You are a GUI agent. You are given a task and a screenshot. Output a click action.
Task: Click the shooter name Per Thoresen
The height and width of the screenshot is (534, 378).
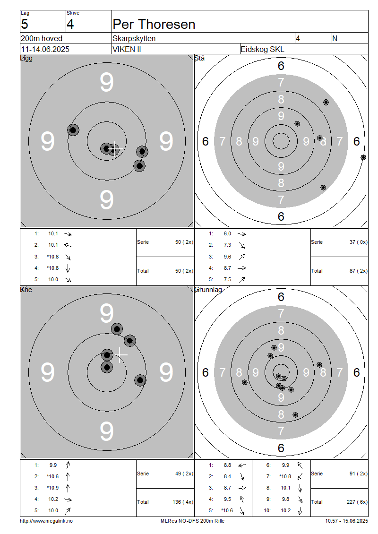click(154, 25)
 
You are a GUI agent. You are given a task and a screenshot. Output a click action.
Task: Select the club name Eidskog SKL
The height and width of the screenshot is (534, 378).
click(262, 49)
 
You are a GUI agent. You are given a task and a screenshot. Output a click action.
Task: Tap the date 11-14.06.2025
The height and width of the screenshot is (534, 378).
click(45, 49)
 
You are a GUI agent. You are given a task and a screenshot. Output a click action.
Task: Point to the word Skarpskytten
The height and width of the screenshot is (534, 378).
click(134, 38)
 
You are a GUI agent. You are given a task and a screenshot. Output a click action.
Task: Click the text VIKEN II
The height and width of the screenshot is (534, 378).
click(127, 49)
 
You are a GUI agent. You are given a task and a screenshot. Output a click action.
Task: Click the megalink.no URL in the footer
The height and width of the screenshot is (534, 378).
click(46, 521)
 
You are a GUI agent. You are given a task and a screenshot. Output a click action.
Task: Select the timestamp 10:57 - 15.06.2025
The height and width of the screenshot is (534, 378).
click(346, 521)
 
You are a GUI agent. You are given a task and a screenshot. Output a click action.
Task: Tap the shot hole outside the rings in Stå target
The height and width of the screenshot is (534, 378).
click(363, 157)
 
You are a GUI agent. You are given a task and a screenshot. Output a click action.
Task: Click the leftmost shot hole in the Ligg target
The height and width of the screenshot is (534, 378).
click(73, 130)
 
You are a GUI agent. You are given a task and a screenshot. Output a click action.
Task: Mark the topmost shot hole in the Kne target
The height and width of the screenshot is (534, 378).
click(117, 329)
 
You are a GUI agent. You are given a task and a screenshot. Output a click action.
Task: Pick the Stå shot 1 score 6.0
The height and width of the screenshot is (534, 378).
click(227, 233)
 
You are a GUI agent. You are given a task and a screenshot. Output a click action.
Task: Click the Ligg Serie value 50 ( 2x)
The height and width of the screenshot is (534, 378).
click(184, 242)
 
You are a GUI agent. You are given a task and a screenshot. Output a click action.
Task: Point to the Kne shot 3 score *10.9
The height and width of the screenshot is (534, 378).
click(52, 488)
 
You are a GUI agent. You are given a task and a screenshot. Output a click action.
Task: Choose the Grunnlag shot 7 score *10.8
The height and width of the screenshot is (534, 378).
click(285, 476)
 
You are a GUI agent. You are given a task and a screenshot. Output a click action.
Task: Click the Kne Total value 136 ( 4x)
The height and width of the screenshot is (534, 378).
click(183, 502)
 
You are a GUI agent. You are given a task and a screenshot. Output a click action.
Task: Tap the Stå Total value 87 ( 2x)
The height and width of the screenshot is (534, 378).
click(358, 271)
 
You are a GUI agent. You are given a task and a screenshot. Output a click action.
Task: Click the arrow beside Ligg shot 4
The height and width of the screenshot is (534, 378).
click(68, 268)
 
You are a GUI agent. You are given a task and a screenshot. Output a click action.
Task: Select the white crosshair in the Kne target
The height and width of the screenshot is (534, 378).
click(120, 355)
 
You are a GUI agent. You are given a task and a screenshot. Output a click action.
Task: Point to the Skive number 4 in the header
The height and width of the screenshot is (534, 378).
click(70, 24)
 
